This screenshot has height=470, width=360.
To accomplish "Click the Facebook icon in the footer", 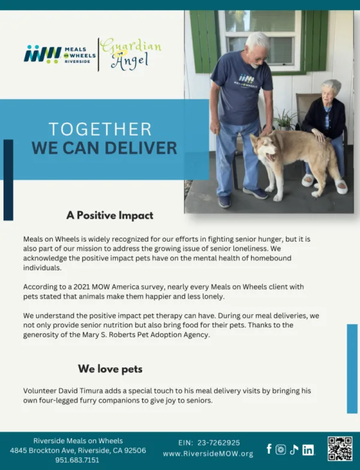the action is point(269,449).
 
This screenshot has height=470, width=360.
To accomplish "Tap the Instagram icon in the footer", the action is point(281,450).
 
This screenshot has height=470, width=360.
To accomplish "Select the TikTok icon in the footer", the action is point(294,450).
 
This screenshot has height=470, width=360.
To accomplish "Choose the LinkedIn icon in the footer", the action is point(308,450).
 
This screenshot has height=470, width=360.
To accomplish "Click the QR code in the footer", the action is point(340,448).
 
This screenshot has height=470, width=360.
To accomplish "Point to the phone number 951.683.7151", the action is point(77,460).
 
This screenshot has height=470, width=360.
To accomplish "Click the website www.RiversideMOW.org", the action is point(208,454).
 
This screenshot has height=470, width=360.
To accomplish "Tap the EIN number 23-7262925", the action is point(218,442).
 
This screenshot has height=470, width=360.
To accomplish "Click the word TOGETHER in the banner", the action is point(100,129).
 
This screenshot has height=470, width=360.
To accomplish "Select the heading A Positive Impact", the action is point(110,215).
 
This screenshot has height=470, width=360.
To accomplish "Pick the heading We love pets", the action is point(110,369).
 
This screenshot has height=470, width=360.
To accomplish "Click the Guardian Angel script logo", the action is point(131,54).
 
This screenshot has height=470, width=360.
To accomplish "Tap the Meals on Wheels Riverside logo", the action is point(60,54).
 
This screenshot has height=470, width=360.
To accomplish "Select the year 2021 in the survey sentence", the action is point(82,287).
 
